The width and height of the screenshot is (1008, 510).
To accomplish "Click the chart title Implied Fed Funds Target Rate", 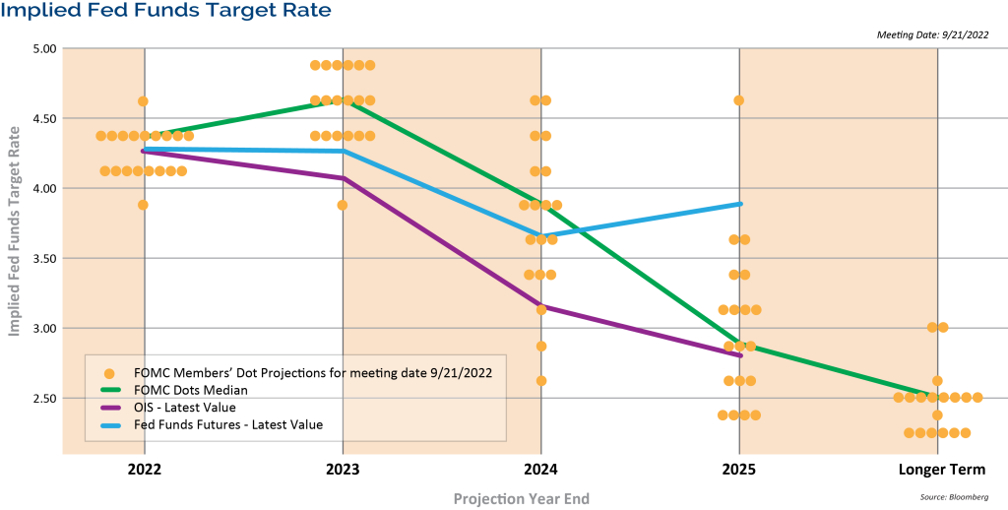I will [165, 11].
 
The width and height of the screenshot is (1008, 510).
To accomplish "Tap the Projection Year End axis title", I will [521, 499].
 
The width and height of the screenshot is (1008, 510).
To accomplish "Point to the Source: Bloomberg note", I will [954, 497].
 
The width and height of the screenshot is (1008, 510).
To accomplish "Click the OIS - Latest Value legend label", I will [184, 407].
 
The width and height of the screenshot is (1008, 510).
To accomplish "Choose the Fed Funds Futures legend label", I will [227, 424].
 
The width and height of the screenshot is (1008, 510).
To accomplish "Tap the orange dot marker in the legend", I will [109, 373].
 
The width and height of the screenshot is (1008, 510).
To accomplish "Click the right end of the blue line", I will [739, 204].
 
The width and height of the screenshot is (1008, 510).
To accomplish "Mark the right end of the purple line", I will [739, 355].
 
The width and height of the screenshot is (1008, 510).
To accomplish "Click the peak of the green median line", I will [343, 100].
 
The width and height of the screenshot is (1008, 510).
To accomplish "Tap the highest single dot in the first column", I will [143, 100].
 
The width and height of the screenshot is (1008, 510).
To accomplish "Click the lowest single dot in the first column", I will [143, 205].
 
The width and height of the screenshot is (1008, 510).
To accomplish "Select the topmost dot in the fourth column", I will [738, 100].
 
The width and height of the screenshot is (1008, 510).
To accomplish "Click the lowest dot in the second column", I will [342, 205].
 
